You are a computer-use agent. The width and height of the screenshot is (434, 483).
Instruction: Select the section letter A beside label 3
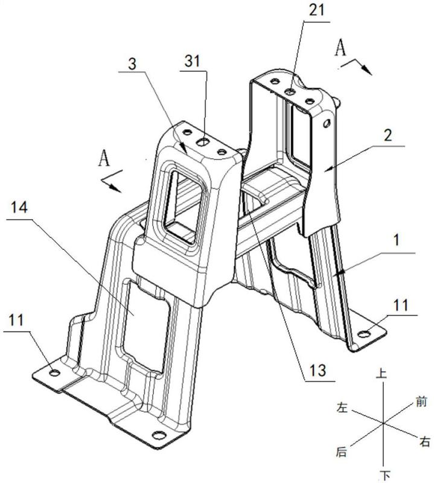coord(104,159)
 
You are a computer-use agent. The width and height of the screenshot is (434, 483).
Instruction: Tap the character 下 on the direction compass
coord(381,475)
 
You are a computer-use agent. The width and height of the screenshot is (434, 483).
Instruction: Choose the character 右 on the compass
coord(425,443)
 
